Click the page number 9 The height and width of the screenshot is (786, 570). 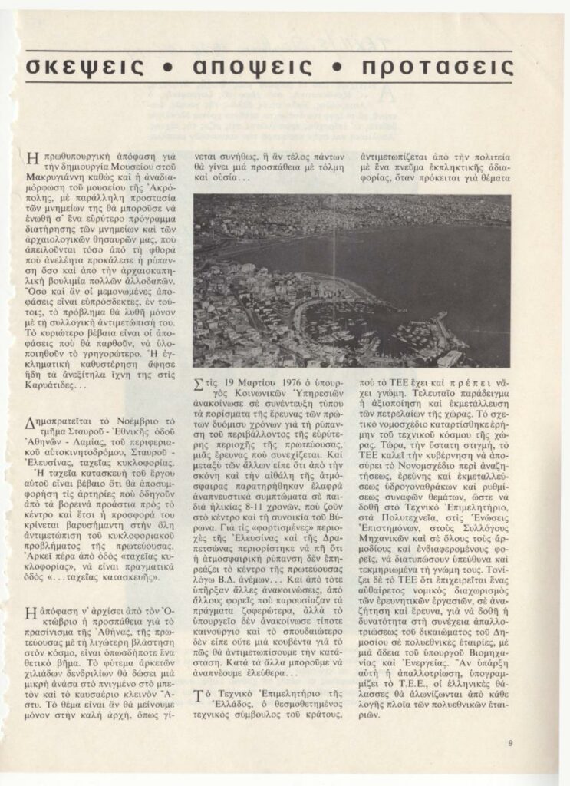coord(509,741)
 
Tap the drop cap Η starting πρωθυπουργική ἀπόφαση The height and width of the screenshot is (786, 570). coord(31,159)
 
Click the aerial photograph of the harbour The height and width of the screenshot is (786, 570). coord(351,280)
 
